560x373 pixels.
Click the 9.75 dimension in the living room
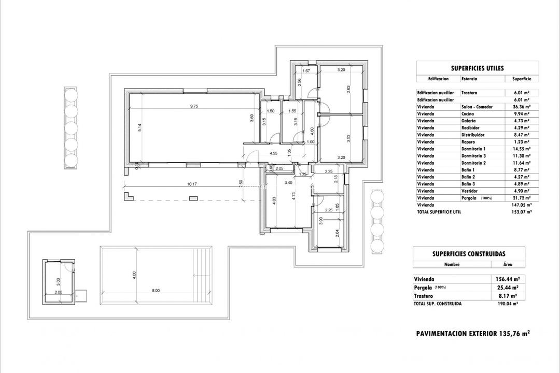click(x=194, y=106)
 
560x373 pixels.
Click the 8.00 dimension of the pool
click(x=156, y=291)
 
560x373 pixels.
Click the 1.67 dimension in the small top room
click(x=306, y=70)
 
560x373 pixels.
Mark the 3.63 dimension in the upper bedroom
click(x=349, y=90)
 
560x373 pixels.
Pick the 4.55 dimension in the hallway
click(x=273, y=153)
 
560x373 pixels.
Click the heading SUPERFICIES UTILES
click(x=477, y=68)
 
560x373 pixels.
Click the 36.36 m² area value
click(x=521, y=107)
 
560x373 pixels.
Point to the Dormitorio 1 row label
click(x=473, y=149)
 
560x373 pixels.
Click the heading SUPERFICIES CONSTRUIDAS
click(x=469, y=254)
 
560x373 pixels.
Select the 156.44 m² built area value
click(x=507, y=279)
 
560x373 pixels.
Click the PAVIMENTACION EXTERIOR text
click(x=450, y=334)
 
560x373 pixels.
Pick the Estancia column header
click(x=470, y=79)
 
